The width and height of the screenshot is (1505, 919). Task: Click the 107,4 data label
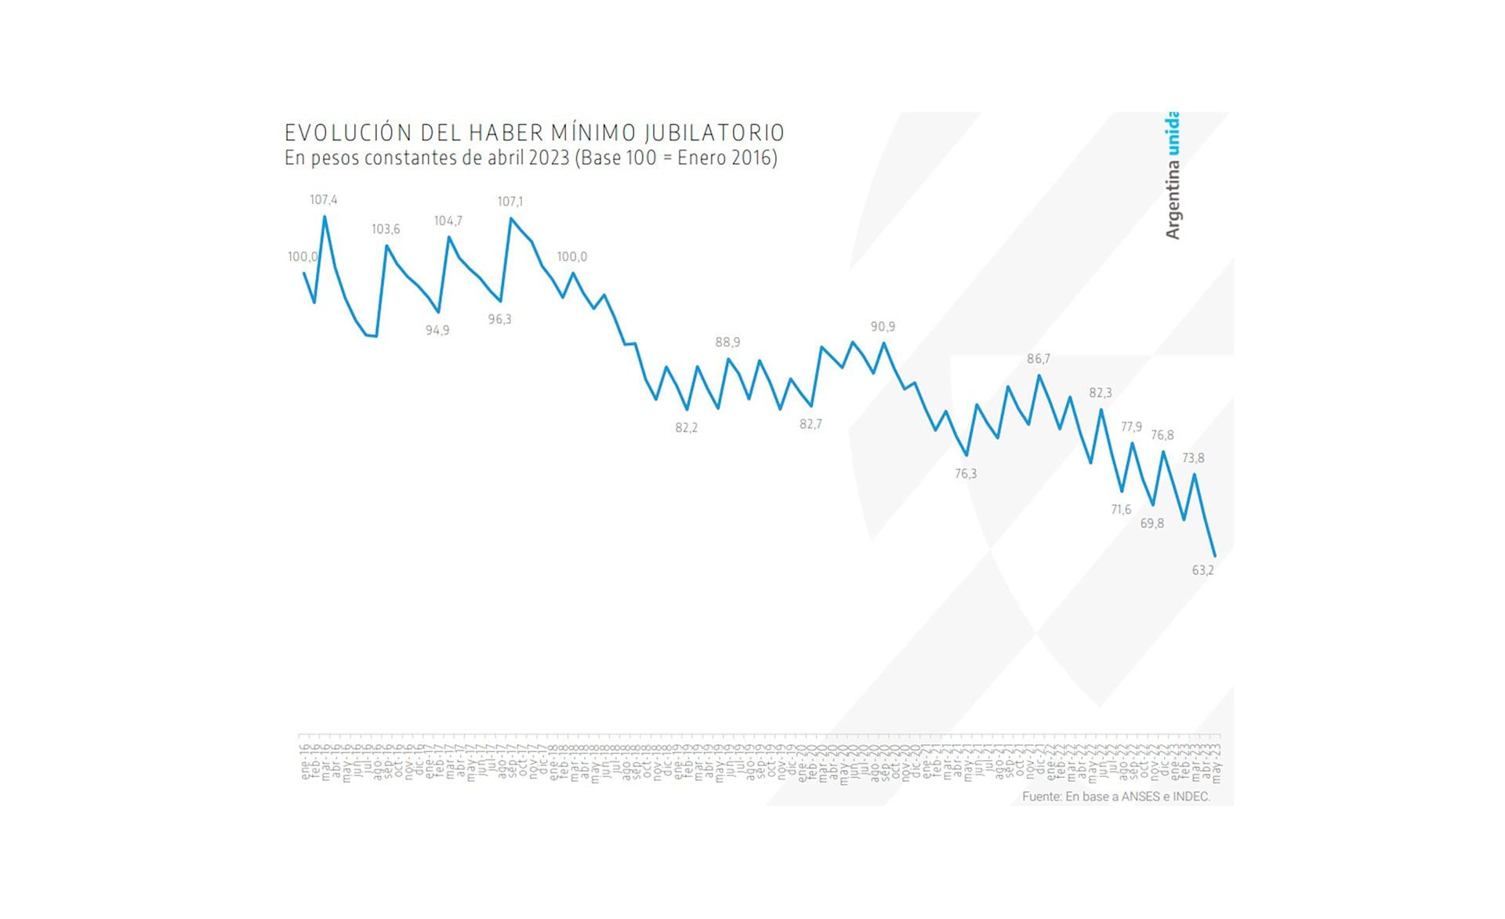[x=323, y=200]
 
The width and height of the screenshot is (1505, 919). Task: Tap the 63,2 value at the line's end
[x=1202, y=570]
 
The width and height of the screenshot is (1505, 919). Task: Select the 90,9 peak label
[x=883, y=326]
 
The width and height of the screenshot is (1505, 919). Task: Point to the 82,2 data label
[x=686, y=427]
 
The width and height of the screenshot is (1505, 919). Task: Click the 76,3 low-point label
[x=966, y=474]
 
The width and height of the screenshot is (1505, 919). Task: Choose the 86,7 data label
[x=1038, y=358]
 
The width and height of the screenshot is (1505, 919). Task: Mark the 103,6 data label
[x=386, y=229]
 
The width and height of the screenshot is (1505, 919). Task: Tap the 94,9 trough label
[x=437, y=330]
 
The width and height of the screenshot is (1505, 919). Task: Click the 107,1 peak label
[x=510, y=202]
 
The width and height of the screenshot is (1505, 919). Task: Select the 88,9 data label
[x=727, y=342]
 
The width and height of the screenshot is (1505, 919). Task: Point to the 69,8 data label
[x=1151, y=523]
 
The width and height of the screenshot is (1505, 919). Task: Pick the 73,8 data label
[x=1193, y=458]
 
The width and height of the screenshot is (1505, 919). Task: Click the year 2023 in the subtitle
[x=549, y=158]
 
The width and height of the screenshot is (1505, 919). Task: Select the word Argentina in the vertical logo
[x=1172, y=203]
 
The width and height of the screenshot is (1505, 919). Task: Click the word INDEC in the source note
[x=1191, y=797]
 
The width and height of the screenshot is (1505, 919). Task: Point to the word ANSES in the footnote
[x=1141, y=797]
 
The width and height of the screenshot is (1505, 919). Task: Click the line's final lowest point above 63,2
[x=1215, y=556]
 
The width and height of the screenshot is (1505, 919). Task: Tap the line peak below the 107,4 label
[x=325, y=217]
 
